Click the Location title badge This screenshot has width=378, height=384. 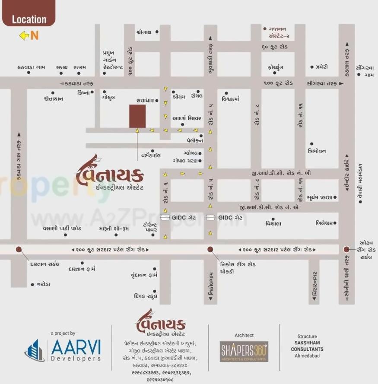click(x=29, y=19)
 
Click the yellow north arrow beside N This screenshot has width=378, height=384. click(x=24, y=36)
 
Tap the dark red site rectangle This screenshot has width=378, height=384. click(x=137, y=116)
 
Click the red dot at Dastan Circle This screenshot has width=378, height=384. click(x=19, y=249)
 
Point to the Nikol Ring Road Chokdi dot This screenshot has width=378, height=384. click(x=210, y=249)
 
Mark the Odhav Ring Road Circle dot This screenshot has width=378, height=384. click(x=346, y=249)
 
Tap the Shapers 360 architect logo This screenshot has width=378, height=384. click(x=244, y=351)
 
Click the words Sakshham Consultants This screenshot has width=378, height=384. click(x=307, y=346)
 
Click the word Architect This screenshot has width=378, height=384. click(x=244, y=335)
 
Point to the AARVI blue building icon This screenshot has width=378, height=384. click(x=35, y=350)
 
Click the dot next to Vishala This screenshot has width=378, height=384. click(x=273, y=219)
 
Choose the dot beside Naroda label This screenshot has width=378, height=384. click(x=32, y=284)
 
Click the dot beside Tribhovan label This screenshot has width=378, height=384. click(x=311, y=144)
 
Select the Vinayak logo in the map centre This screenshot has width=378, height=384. click(x=110, y=175)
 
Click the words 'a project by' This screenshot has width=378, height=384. click(x=63, y=333)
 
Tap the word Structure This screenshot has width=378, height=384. click(x=307, y=336)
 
